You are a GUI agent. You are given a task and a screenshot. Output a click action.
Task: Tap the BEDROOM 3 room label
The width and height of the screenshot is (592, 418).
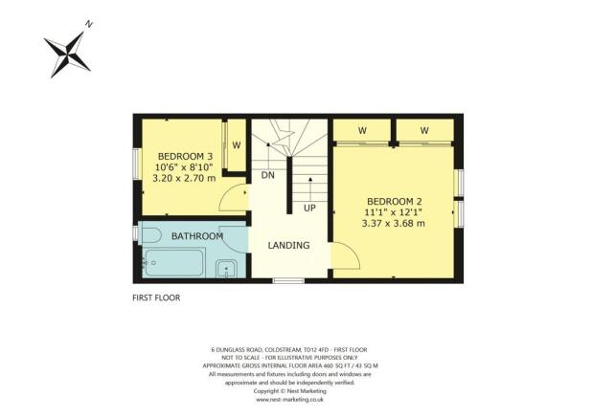(186, 156)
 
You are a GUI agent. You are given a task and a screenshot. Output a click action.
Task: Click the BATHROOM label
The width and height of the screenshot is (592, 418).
(197, 236)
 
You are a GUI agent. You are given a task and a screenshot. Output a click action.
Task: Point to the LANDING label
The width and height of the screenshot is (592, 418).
(288, 246)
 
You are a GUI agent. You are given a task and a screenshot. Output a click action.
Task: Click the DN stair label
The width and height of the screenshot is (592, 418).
(268, 176)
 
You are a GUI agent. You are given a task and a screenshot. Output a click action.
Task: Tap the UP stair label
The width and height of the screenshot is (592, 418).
(309, 209)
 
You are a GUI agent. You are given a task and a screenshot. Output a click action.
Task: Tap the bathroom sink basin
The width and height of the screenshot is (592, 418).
(227, 268)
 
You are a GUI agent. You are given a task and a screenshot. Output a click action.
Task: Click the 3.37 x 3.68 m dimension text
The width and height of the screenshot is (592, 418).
(393, 223)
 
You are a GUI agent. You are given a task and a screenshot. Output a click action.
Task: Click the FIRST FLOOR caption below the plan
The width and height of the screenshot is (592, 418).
(156, 298)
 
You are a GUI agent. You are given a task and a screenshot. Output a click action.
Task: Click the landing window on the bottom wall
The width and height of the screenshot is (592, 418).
(288, 280)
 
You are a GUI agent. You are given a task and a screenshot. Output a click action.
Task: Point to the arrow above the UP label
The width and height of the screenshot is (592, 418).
(309, 187)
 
